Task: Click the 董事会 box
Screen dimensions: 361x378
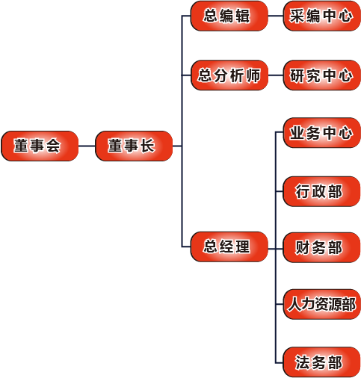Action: pyautogui.click(x=40, y=146)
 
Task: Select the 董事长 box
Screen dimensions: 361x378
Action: pyautogui.click(x=134, y=146)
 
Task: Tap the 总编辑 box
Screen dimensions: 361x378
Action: pyautogui.click(x=229, y=16)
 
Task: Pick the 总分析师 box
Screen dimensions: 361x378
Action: pyautogui.click(x=229, y=75)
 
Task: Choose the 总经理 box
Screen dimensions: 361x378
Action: pyautogui.click(x=229, y=247)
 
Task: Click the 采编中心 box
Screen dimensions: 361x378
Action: pyautogui.click(x=322, y=16)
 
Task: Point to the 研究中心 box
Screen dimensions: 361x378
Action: pyautogui.click(x=322, y=75)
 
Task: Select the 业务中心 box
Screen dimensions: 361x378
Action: pyautogui.click(x=322, y=133)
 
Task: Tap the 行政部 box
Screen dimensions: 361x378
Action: pyautogui.click(x=321, y=191)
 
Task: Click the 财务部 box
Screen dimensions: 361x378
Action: pyautogui.click(x=321, y=247)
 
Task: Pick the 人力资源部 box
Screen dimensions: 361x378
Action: pyautogui.click(x=322, y=304)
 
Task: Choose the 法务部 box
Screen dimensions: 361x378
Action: pyautogui.click(x=321, y=362)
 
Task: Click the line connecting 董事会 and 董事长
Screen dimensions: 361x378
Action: pyautogui.click(x=87, y=146)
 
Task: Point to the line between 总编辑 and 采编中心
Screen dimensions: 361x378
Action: pyautogui.click(x=276, y=16)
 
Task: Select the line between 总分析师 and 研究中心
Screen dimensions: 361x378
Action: pyautogui.click(x=276, y=75)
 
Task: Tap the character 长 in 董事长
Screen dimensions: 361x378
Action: pyautogui.click(x=148, y=146)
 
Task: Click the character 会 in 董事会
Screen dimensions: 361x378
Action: pyautogui.click(x=53, y=146)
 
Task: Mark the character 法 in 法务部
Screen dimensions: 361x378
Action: pyautogui.click(x=303, y=362)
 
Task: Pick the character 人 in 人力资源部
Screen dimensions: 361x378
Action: pyautogui.click(x=294, y=304)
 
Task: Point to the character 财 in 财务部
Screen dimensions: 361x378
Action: pyautogui.click(x=303, y=247)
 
